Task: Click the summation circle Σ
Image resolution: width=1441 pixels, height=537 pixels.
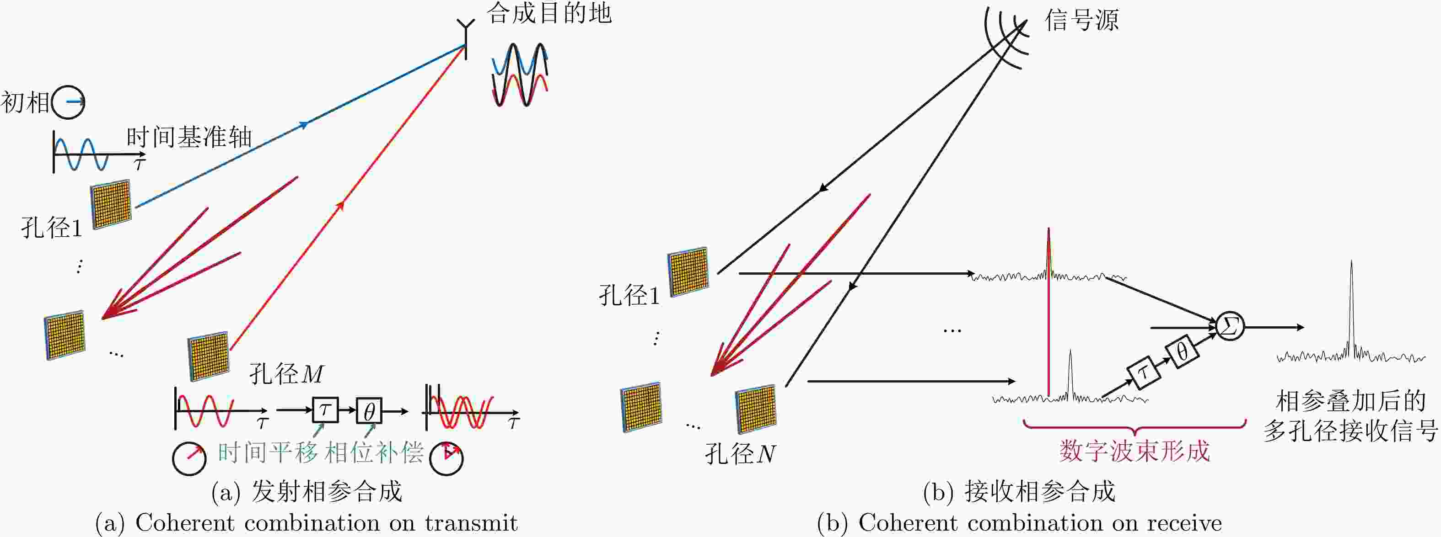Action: point(1230,326)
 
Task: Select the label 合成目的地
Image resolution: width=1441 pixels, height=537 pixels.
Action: point(549,13)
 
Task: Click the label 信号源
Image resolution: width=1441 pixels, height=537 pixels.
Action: point(1082,21)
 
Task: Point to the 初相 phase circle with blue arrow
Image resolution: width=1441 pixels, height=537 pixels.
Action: point(68,102)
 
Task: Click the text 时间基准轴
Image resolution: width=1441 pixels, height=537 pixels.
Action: point(189,138)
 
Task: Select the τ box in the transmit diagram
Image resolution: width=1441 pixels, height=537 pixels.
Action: point(325,410)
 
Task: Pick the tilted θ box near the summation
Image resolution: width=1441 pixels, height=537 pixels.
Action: point(1182,351)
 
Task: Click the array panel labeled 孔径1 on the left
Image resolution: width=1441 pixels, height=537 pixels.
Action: point(111,204)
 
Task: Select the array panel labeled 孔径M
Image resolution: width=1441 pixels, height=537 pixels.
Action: point(209,356)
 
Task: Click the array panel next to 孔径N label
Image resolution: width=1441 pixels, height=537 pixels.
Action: point(756,409)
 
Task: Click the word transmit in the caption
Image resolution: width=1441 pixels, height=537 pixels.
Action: point(471,523)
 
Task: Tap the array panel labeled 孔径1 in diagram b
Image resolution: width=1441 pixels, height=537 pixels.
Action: point(688,271)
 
